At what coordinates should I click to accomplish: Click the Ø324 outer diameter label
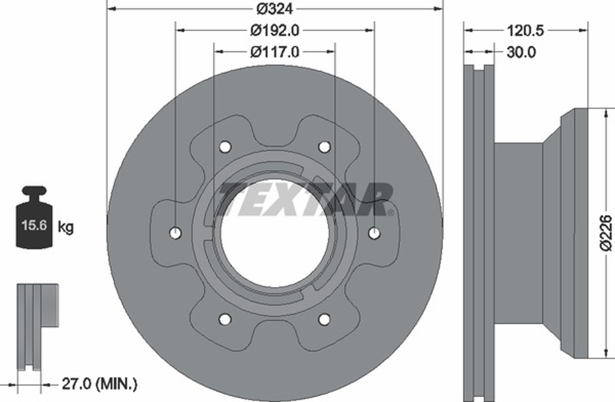tap(274, 9)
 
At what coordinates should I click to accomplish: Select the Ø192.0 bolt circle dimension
tap(275, 31)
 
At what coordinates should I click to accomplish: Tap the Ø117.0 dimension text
tap(275, 52)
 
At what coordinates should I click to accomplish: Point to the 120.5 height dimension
tap(525, 31)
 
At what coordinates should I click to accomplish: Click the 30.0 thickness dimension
tap(521, 52)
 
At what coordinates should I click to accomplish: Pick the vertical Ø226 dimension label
tap(606, 233)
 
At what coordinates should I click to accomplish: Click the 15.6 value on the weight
tap(34, 225)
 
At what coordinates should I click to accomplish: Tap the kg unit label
tap(66, 227)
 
